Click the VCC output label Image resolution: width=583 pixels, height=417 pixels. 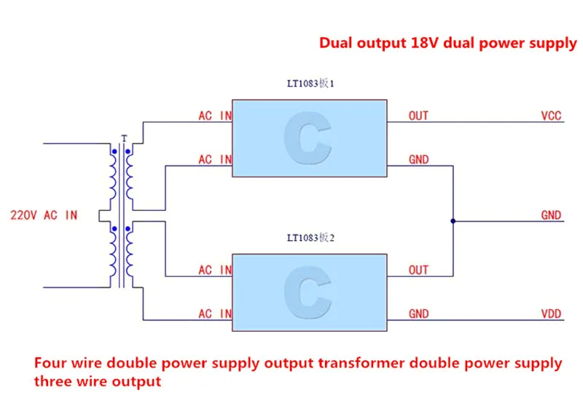point(551,116)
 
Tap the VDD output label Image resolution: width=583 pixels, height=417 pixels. point(551,314)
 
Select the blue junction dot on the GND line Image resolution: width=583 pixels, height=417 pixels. point(453,221)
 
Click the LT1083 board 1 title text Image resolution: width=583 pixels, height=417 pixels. point(310,83)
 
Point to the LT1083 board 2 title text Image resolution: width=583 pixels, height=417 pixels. point(310,238)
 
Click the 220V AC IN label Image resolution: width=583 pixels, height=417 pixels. point(44,215)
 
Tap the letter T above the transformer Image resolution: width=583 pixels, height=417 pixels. point(124,138)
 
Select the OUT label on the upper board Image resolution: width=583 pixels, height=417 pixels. point(418,116)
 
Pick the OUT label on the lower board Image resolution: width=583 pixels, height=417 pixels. point(418,270)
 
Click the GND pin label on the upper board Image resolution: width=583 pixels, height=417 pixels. point(418,159)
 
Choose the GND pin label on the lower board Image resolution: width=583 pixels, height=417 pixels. point(418,314)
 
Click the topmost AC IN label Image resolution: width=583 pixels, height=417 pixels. point(215,116)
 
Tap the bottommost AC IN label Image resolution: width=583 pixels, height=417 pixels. point(215,314)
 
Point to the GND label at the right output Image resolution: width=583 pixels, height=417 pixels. point(551,215)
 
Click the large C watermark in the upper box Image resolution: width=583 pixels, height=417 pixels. point(308,138)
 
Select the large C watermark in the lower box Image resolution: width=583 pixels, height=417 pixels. point(308,293)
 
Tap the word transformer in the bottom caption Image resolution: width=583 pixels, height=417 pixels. point(361,363)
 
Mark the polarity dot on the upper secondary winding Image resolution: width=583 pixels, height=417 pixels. point(128,151)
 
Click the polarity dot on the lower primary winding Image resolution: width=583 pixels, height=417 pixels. point(114,229)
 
